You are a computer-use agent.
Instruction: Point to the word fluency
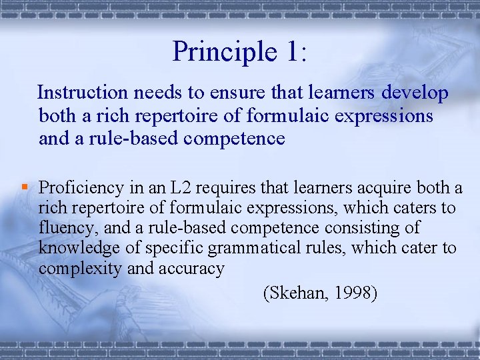coord(67,229)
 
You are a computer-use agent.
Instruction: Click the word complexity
coord(77,269)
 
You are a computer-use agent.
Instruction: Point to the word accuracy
coord(191,269)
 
